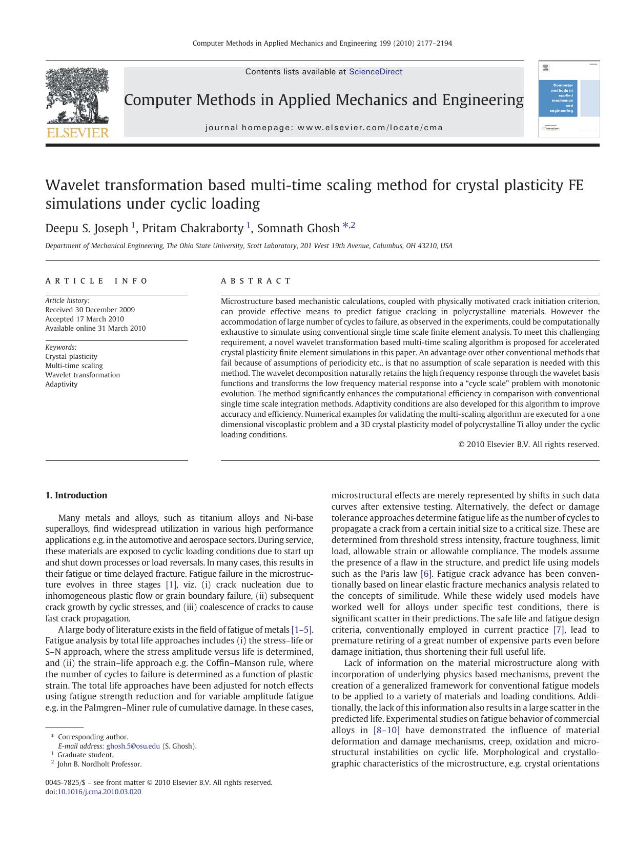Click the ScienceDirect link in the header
tap(375, 72)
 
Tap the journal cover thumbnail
tap(569, 99)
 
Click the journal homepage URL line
tap(323, 128)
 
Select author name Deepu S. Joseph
tap(87, 228)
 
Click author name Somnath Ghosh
tap(298, 228)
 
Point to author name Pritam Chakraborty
tap(192, 228)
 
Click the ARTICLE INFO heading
tap(96, 281)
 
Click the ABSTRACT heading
tap(256, 281)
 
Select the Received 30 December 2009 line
tap(90, 310)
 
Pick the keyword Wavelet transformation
tap(83, 375)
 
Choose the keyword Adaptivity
tap(61, 384)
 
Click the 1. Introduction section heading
tap(76, 495)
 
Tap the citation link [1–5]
tap(301, 630)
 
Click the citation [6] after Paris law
tap(426, 574)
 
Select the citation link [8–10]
tap(386, 730)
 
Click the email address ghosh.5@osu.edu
tap(133, 746)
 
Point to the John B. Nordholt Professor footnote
tap(99, 764)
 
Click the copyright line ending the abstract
tap(528, 445)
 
